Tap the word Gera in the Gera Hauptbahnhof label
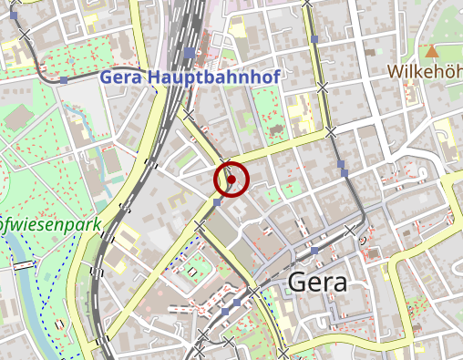coord(120,77)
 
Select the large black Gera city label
coord(316,283)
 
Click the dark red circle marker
coord(231,180)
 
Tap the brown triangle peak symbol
coord(431,51)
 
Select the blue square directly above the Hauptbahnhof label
coord(189,53)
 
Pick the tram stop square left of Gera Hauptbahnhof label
coord(64,80)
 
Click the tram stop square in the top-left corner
coord(13,15)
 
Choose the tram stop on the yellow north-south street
coord(314,40)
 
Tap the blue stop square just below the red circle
coord(218,204)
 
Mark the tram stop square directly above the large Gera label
coord(314,249)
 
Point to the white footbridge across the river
coord(23,265)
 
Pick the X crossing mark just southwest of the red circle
coord(198,225)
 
